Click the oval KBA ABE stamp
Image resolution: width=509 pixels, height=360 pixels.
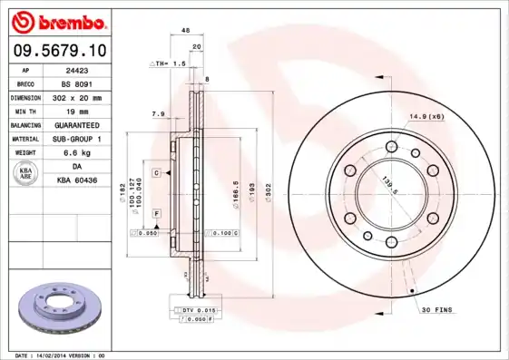26,173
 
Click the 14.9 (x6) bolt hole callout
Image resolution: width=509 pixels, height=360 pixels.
426,115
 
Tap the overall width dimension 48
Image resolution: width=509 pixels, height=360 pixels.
186,31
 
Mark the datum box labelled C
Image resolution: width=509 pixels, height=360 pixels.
156,172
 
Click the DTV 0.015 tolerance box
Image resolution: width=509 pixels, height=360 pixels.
194,311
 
